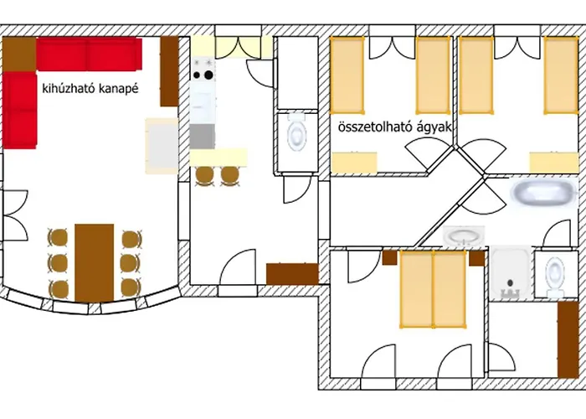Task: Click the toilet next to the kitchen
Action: click(x=297, y=132)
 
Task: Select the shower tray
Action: click(x=511, y=272)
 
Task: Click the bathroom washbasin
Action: click(x=464, y=236)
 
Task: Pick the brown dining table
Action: click(x=94, y=262)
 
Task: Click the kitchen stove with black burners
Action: click(x=203, y=70)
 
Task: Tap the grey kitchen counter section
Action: click(x=203, y=137)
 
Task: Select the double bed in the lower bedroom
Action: click(x=433, y=289)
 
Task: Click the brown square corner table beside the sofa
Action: click(x=19, y=54)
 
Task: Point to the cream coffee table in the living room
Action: click(x=162, y=146)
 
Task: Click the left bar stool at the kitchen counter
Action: click(x=205, y=176)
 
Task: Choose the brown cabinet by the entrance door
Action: click(x=292, y=274)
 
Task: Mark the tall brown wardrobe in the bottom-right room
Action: click(x=568, y=339)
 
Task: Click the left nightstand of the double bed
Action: click(x=389, y=258)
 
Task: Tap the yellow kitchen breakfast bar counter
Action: click(x=218, y=158)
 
